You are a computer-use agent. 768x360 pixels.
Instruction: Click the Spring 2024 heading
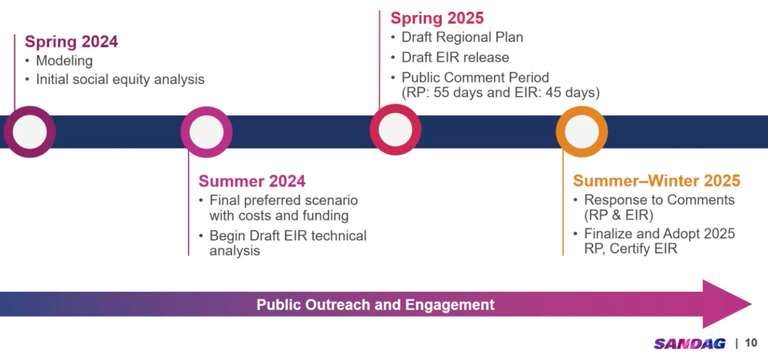click(x=71, y=42)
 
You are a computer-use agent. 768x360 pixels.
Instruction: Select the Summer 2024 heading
click(x=252, y=181)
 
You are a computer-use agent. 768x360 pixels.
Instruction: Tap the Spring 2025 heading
click(x=437, y=18)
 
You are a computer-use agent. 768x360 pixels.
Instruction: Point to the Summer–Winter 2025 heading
click(x=657, y=181)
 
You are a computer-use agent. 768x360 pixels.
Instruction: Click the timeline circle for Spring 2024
click(x=30, y=132)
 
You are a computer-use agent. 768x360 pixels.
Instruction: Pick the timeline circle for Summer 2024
click(x=206, y=132)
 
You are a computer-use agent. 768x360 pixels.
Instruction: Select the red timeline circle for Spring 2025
click(x=395, y=130)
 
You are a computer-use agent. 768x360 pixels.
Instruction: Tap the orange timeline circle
click(x=582, y=131)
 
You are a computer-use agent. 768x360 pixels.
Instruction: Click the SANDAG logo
click(x=689, y=343)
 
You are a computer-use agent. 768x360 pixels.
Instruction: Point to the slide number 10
click(x=751, y=343)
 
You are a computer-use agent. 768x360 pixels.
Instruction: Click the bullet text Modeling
click(x=64, y=60)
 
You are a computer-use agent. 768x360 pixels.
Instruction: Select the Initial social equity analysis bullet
click(x=120, y=79)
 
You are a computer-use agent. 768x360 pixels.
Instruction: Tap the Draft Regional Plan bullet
click(x=462, y=37)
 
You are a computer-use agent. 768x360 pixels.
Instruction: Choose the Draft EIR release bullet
click(x=455, y=58)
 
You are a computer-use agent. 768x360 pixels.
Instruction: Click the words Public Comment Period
click(x=475, y=78)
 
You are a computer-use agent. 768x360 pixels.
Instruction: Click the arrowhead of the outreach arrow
click(x=726, y=304)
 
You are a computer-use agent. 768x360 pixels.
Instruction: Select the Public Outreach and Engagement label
click(x=375, y=305)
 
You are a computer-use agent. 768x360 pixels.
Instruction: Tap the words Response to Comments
click(x=659, y=200)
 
